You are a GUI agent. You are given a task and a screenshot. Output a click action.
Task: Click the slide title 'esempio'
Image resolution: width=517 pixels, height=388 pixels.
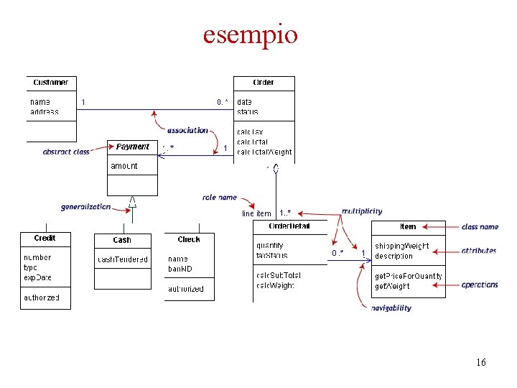click(x=250, y=34)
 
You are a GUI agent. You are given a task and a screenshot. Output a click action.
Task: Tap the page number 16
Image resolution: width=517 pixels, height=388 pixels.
click(x=480, y=362)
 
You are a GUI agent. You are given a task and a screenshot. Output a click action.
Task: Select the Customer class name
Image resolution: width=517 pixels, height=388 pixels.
click(x=50, y=83)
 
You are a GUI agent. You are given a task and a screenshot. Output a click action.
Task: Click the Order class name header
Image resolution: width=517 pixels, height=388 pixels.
click(x=264, y=83)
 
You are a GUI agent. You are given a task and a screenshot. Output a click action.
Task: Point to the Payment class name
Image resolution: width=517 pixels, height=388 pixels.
click(x=133, y=147)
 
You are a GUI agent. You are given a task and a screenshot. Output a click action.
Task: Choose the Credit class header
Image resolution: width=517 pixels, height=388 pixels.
click(x=45, y=238)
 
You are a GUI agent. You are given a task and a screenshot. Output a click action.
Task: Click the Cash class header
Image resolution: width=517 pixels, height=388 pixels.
click(x=122, y=240)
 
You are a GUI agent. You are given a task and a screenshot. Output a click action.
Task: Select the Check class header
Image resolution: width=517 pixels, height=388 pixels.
click(x=189, y=239)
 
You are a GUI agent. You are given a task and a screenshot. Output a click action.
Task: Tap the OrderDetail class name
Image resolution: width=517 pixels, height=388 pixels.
click(x=289, y=226)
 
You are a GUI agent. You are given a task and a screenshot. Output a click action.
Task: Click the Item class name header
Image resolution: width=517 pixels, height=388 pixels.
click(x=408, y=227)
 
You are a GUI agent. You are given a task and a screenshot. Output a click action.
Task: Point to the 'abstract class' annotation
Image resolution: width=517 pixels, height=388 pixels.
click(x=66, y=152)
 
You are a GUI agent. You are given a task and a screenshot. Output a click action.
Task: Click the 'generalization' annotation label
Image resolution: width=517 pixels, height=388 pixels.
click(x=85, y=206)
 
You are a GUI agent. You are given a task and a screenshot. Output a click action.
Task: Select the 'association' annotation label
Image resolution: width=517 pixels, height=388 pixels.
click(x=187, y=130)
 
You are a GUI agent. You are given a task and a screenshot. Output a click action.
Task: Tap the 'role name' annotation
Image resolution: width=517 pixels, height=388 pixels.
click(x=220, y=197)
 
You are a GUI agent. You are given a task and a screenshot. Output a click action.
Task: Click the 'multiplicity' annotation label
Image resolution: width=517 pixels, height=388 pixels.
click(x=362, y=211)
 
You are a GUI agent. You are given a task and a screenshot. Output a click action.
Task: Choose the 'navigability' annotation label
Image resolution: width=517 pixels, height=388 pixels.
click(x=391, y=308)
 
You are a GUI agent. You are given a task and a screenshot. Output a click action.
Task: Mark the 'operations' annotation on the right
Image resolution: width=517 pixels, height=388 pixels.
click(x=480, y=285)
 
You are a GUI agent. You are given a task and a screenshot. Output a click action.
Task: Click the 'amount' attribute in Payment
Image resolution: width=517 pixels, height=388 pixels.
click(x=124, y=166)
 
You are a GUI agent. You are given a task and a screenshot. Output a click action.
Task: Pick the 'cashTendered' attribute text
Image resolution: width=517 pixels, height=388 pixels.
click(x=123, y=259)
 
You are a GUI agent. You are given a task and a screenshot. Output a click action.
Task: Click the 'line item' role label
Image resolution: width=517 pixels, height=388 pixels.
click(x=256, y=213)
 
